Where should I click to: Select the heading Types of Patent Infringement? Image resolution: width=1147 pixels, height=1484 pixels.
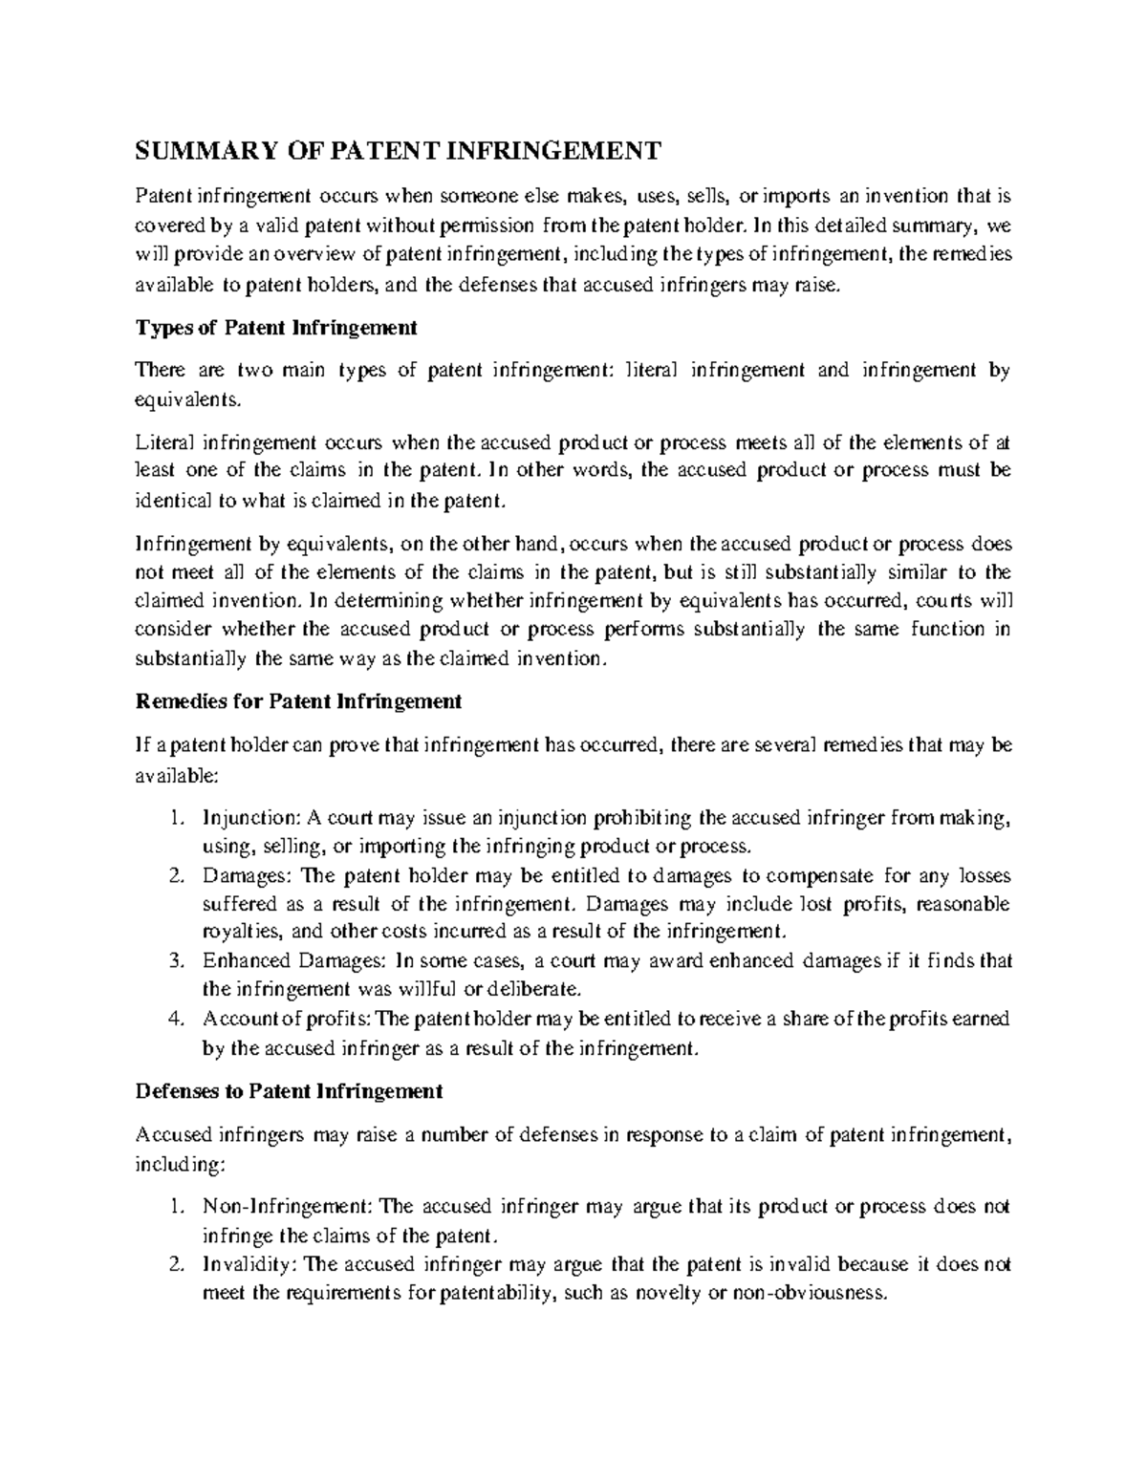(276, 328)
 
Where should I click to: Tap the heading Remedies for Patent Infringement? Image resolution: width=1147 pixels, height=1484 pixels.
(299, 702)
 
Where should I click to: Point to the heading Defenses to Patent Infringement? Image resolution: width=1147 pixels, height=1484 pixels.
(290, 1091)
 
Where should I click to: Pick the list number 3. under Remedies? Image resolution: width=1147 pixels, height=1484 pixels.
(174, 961)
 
